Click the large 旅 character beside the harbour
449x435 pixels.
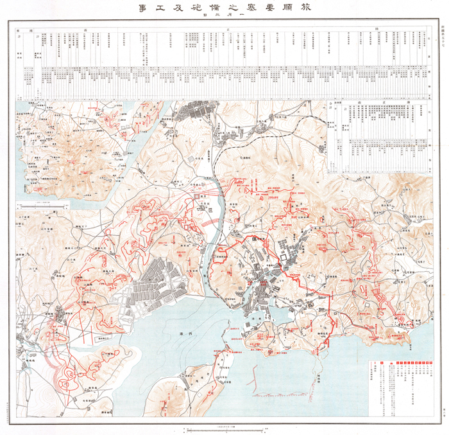pyautogui.click(x=223, y=288)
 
